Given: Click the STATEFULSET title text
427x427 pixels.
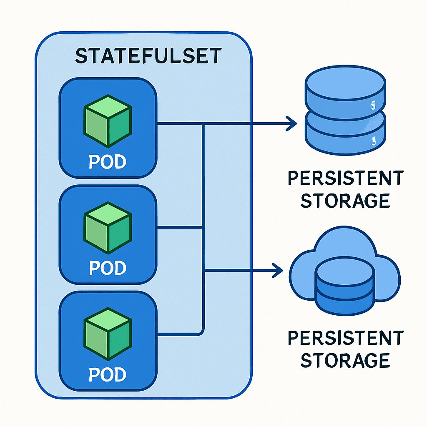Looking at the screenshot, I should (x=148, y=56).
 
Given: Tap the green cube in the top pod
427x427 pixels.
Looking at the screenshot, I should (x=108, y=121).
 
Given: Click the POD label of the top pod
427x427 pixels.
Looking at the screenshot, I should (x=108, y=162).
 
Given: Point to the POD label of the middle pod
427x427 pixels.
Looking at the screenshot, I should (x=108, y=268).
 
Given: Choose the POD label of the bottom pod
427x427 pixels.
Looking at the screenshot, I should (x=108, y=375).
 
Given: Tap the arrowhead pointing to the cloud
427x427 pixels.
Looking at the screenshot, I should (x=277, y=271).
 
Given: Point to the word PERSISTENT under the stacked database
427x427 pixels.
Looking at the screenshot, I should (x=346, y=178).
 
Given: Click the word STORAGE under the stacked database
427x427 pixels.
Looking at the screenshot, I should (x=345, y=201).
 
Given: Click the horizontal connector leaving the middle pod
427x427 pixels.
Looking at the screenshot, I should (x=179, y=228).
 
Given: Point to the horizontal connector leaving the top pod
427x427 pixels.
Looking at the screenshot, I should (x=179, y=123).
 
